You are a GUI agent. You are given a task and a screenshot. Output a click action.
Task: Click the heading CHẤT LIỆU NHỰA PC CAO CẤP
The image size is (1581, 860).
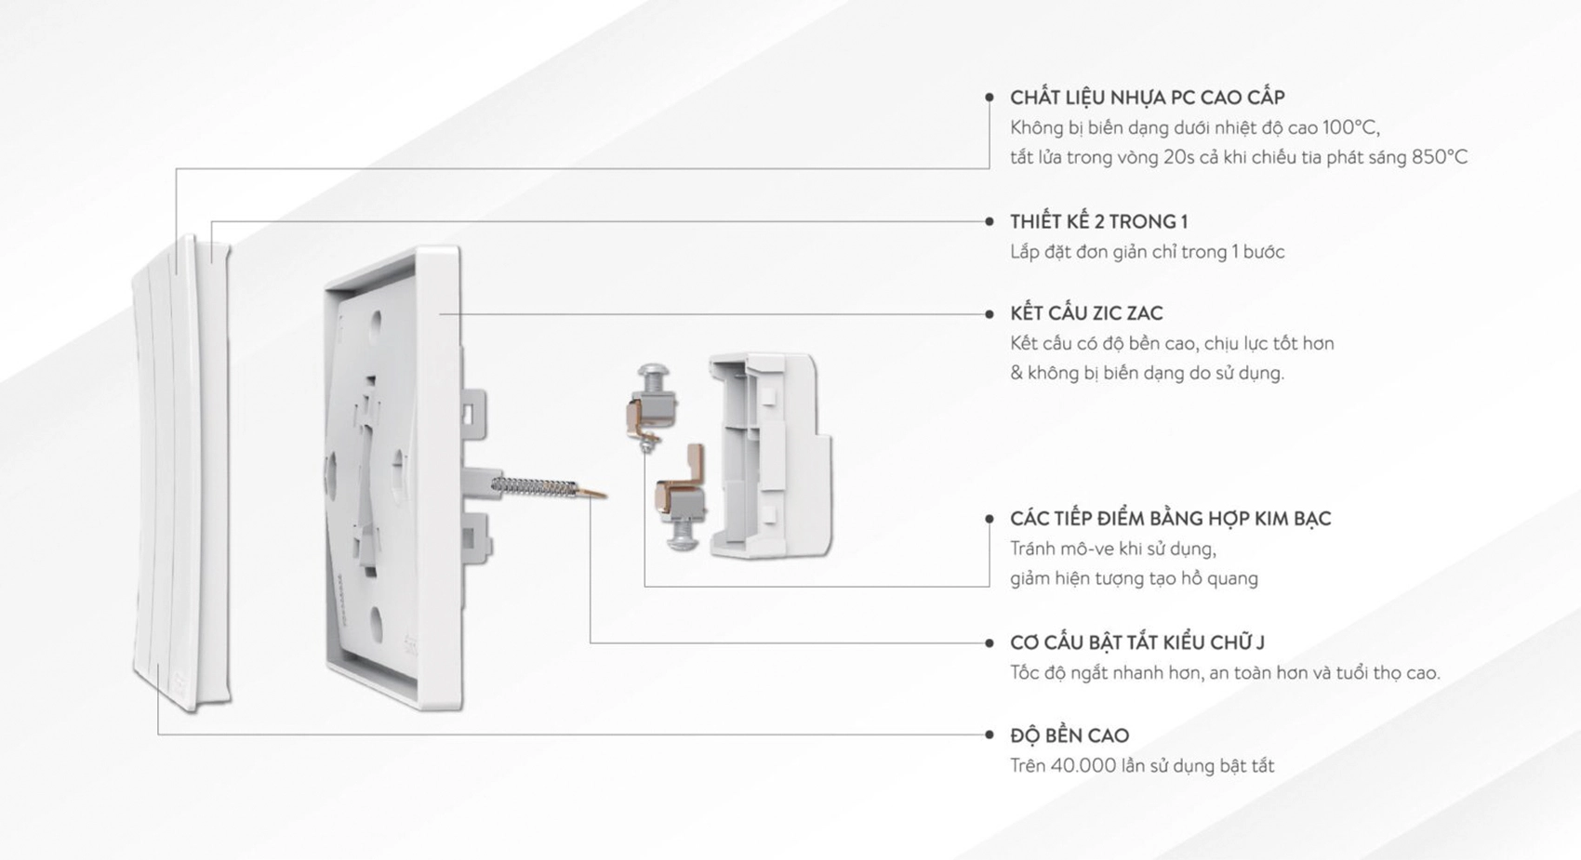[1147, 98]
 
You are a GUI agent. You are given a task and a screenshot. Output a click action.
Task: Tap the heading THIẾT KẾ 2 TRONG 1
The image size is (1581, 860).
[1098, 222]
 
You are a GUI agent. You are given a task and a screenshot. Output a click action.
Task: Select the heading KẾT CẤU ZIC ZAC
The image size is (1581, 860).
[1086, 313]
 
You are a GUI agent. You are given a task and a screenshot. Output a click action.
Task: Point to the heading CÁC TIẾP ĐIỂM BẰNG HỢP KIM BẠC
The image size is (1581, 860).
[1170, 519]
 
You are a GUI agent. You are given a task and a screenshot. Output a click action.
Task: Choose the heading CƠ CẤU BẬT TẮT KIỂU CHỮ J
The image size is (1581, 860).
[1136, 642]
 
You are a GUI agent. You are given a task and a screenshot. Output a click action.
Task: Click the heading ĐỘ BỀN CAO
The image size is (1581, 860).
[1069, 735]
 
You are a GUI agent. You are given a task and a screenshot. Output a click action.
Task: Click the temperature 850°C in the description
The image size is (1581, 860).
[1439, 157]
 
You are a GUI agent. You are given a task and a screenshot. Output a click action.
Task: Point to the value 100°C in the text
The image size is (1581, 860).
[1350, 127]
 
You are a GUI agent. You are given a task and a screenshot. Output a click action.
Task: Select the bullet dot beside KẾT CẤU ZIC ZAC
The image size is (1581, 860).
[990, 314]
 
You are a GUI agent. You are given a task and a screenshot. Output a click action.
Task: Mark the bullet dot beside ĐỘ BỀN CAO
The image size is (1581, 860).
[990, 734]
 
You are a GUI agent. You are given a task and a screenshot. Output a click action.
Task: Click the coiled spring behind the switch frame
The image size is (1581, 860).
[536, 486]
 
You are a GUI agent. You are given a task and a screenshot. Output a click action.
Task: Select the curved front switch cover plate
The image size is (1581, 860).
[181, 474]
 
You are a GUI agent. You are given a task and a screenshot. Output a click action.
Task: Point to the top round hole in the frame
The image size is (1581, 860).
[376, 323]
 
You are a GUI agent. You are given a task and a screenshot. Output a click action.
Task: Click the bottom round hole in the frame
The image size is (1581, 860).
[375, 617]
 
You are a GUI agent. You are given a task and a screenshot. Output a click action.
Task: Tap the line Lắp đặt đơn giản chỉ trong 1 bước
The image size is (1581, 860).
[1147, 252]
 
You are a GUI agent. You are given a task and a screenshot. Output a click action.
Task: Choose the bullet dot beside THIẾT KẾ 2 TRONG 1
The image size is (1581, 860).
[990, 221]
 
